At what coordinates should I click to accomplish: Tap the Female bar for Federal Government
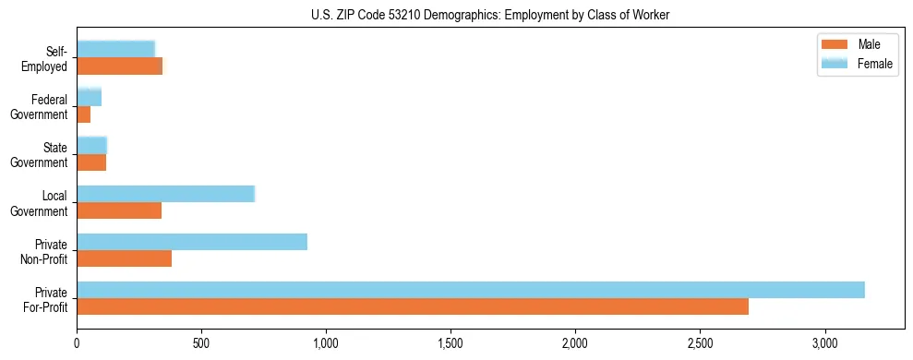pyautogui.click(x=90, y=98)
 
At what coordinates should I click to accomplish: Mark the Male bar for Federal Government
pyautogui.click(x=84, y=114)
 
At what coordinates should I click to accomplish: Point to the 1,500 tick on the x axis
pyautogui.click(x=450, y=342)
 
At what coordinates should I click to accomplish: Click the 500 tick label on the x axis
pyautogui.click(x=201, y=342)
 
